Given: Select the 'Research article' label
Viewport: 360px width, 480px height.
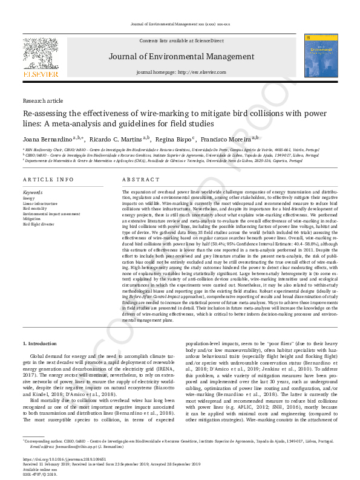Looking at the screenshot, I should tap(43, 100).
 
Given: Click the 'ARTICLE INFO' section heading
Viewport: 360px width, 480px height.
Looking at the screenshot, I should tap(48, 180).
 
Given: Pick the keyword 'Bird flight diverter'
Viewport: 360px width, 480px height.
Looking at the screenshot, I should tap(38, 224).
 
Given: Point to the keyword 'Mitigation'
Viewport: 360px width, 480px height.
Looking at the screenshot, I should tap(32, 218).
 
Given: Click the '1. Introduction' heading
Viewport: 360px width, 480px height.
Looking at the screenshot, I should tap(41, 343).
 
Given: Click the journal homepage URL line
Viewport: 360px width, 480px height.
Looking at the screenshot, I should tap(181, 72).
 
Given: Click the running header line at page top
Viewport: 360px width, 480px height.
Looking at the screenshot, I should tap(180, 24).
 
